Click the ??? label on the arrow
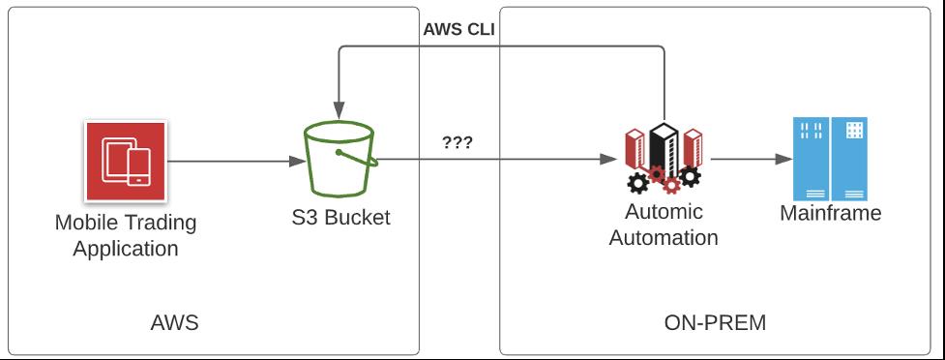point(457,142)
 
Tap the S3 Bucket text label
point(340,217)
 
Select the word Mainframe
point(830,213)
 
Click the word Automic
point(664,212)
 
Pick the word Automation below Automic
point(664,237)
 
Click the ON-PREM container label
point(716,322)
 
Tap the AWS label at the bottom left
point(175,322)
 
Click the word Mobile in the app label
point(86,223)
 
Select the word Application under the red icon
point(126,249)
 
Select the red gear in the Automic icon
point(659,175)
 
